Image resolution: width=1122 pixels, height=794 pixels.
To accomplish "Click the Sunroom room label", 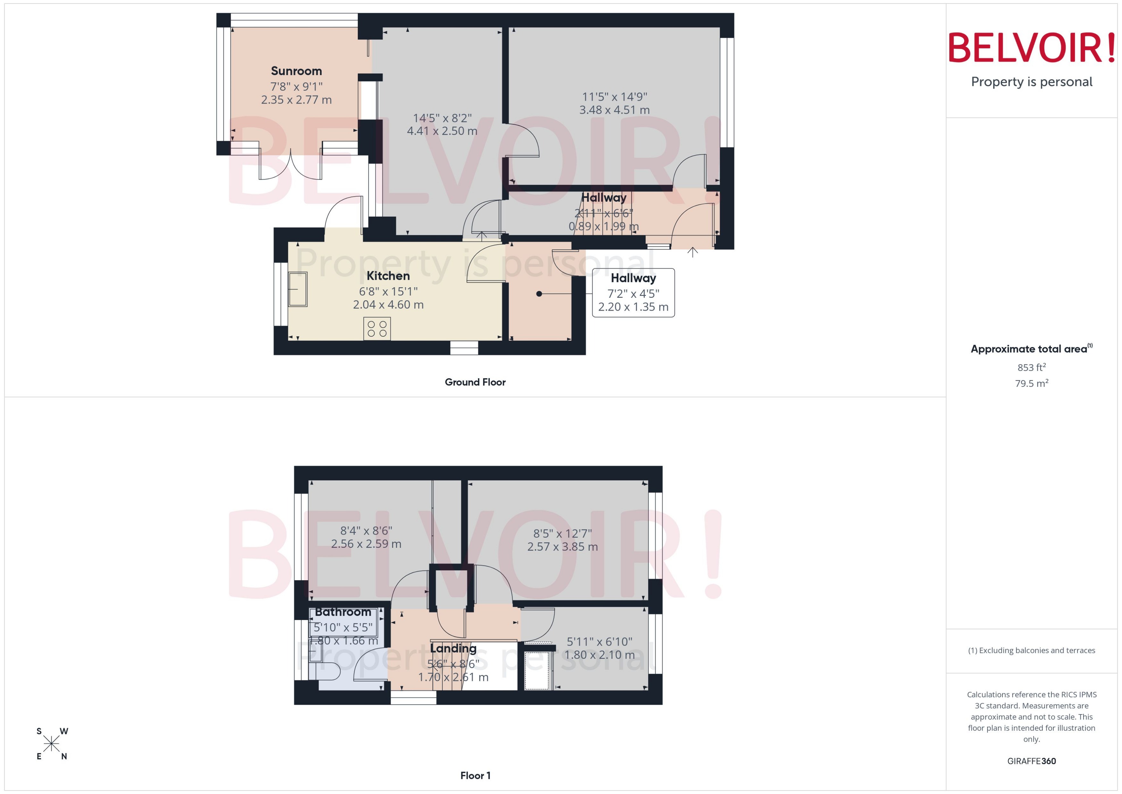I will [x=296, y=71].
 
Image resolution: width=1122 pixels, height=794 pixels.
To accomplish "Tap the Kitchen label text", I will [x=388, y=276].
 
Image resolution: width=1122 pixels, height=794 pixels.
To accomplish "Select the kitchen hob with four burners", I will [x=377, y=329].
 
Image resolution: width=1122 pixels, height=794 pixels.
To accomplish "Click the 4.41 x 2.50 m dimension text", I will [x=442, y=131].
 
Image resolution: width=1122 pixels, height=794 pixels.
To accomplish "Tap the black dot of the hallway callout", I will [x=539, y=294].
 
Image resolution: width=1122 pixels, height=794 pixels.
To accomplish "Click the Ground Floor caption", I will [x=475, y=382].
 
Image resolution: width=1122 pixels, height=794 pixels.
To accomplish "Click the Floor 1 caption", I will [x=475, y=775].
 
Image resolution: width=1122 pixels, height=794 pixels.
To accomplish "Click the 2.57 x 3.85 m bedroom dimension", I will [x=562, y=547].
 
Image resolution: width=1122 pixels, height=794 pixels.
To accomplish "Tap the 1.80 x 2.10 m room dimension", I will [x=599, y=655].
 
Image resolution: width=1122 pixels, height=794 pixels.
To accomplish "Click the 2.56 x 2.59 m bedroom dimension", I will [x=366, y=544].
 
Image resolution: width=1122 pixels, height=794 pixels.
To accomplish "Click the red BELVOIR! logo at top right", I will [x=1032, y=48].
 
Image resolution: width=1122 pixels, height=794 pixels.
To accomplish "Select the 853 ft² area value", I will [x=1032, y=367].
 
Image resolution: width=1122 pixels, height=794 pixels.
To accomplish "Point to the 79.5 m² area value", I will [x=1032, y=383].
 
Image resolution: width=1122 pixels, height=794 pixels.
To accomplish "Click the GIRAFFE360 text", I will [x=1032, y=761].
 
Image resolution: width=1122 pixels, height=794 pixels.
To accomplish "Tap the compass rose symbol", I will [x=51, y=744].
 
